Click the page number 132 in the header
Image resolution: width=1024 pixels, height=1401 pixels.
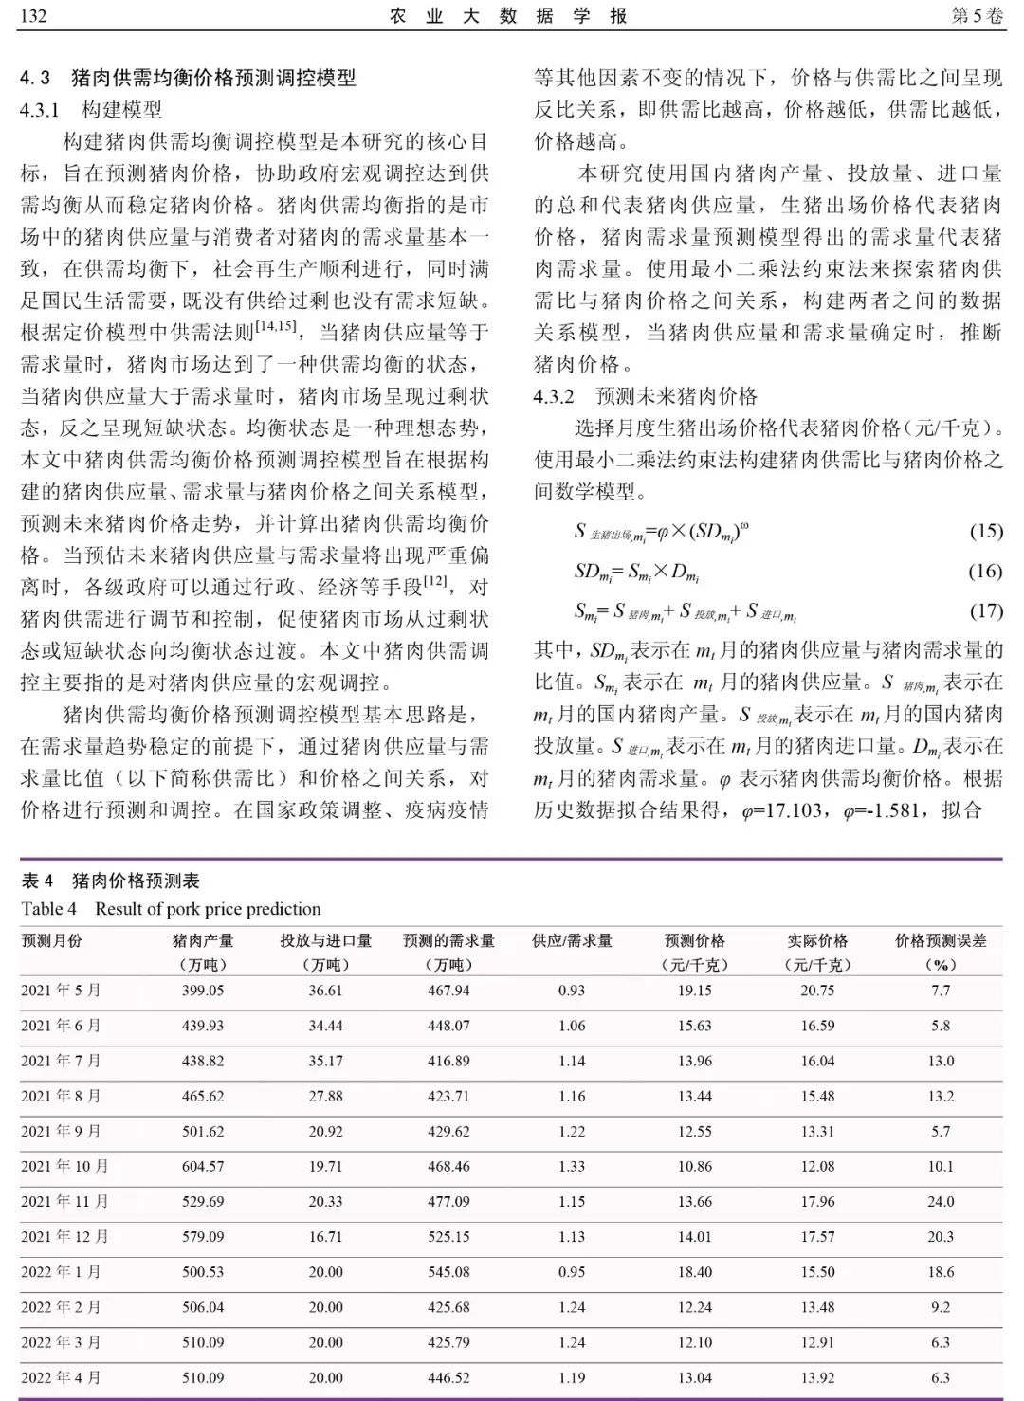[33, 17]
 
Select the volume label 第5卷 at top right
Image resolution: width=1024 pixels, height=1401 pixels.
[976, 17]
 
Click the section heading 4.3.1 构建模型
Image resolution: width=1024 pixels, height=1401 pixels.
[91, 110]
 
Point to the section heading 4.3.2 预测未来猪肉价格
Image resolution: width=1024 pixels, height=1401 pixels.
[645, 396]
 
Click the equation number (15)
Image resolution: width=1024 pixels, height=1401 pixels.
[985, 531]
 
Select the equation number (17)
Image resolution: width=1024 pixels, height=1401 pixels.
[985, 610]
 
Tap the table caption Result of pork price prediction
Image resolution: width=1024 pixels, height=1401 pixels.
[208, 909]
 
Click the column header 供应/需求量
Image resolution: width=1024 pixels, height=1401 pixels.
[572, 941]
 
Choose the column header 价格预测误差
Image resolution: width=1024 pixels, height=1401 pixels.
[941, 941]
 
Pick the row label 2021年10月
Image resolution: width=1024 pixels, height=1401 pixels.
[64, 1166]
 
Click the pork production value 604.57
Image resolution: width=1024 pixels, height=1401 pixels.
[203, 1166]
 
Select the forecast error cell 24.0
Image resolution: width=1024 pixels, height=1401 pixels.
[941, 1202]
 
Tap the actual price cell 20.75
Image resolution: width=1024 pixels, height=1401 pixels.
[817, 991]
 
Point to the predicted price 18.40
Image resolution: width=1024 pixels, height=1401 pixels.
[695, 1272]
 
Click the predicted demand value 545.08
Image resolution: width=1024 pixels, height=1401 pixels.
[448, 1272]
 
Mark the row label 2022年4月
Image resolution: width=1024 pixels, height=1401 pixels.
[61, 1377]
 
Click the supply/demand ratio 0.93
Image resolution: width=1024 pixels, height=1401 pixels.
[572, 991]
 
